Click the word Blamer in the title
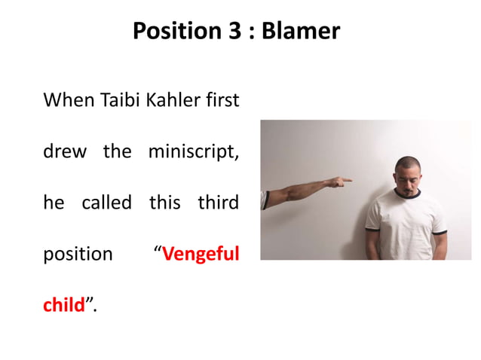301,32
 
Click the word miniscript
194,151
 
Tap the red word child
63,305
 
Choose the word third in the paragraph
219,203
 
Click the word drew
66,151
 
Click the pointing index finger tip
349,180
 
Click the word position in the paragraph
78,254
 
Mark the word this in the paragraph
165,203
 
